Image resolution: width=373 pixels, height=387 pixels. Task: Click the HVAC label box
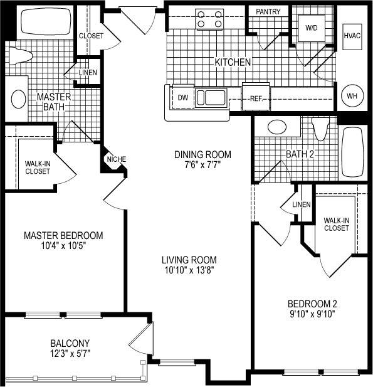(x=352, y=36)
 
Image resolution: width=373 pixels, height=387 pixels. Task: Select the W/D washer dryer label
(x=312, y=28)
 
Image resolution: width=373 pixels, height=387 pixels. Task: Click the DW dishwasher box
(x=183, y=97)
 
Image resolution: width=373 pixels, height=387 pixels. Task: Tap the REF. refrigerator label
(x=256, y=98)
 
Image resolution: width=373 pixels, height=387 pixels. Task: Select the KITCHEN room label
(x=233, y=62)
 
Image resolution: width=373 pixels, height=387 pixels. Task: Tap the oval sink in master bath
(x=18, y=98)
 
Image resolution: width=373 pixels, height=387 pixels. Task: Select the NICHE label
(x=116, y=159)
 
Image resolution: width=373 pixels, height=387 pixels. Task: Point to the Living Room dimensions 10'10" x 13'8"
(x=189, y=271)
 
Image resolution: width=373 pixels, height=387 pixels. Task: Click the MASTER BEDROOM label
(x=63, y=235)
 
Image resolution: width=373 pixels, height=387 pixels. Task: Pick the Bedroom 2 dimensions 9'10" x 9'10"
(x=308, y=313)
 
